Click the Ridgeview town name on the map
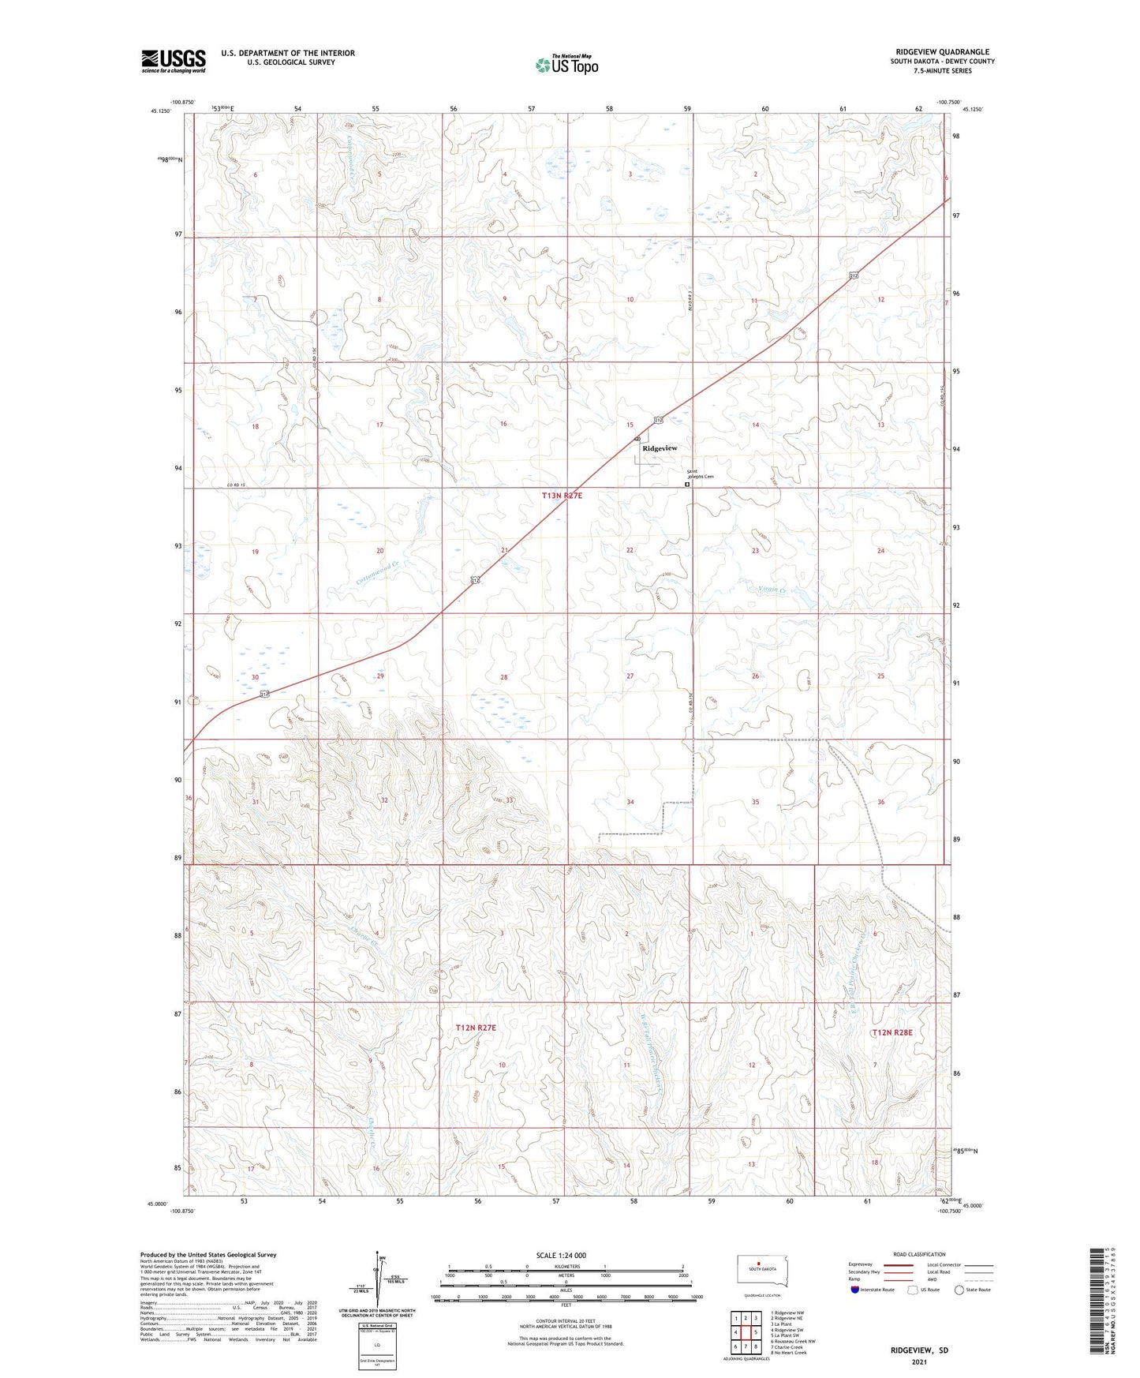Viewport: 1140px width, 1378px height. tap(660, 448)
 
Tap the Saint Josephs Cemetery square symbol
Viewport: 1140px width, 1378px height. tap(687, 485)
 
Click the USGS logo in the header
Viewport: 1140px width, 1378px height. tap(174, 61)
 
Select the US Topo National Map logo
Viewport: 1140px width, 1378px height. tap(566, 64)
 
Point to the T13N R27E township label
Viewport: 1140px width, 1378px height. tap(562, 496)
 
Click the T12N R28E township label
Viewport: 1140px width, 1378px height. tap(891, 1032)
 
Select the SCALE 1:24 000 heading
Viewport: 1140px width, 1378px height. tap(561, 1256)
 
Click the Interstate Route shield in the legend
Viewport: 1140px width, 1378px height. tap(855, 1290)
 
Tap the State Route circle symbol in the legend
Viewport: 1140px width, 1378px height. tap(959, 1290)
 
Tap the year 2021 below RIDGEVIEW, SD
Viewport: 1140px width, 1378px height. tap(918, 1362)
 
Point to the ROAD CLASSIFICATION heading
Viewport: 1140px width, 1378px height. tap(919, 1254)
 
